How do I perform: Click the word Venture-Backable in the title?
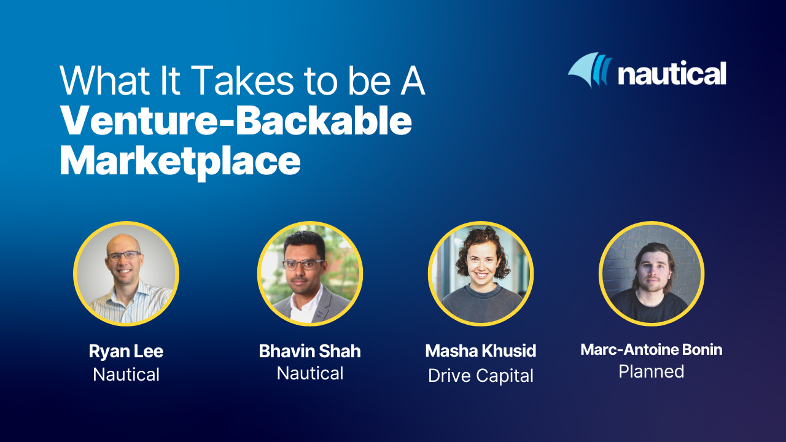pos(236,123)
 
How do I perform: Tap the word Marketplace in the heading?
pos(180,162)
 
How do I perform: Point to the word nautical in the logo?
pos(672,74)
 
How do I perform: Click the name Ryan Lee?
pos(126,351)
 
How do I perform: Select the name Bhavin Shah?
pos(310,351)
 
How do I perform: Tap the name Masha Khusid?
pos(481,351)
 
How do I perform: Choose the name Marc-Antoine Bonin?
pos(652,350)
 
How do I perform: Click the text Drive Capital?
pos(481,375)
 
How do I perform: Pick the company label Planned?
pos(652,371)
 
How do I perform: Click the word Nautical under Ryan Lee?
pos(126,374)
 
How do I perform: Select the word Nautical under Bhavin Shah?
pos(310,373)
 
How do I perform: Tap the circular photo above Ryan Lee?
pos(126,274)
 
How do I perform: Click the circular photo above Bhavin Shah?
pos(310,274)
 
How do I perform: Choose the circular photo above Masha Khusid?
pos(481,274)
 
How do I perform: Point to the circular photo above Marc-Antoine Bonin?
pos(652,274)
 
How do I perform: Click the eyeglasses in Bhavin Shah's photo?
pos(303,265)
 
